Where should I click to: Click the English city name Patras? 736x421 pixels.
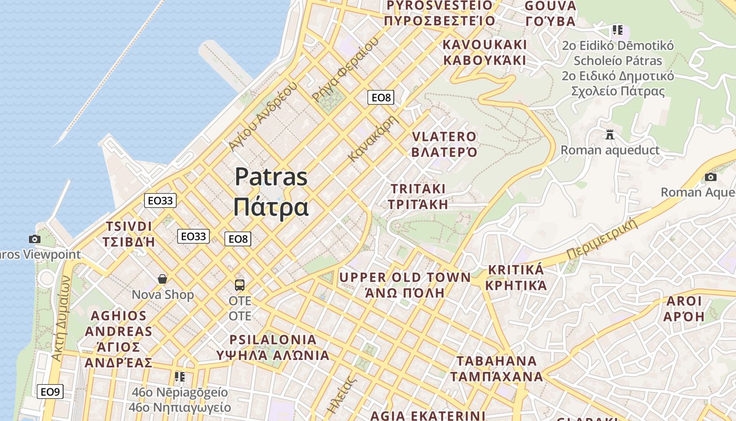tap(271, 176)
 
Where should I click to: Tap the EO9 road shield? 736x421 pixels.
tap(50, 392)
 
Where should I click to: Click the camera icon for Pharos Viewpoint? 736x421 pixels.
tap(35, 239)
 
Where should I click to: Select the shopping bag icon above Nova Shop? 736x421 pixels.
tap(162, 278)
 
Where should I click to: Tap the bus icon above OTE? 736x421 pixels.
tap(240, 285)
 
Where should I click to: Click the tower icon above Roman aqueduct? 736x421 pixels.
tap(610, 135)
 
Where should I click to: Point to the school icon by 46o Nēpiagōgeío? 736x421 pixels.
tap(180, 377)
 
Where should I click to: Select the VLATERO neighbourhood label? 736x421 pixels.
tap(444, 137)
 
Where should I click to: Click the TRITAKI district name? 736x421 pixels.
tap(418, 189)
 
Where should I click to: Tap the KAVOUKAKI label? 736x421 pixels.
tap(484, 44)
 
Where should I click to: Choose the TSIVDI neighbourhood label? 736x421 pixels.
tap(129, 227)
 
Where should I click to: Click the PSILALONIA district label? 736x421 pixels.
tap(273, 339)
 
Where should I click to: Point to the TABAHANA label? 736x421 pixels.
tap(496, 362)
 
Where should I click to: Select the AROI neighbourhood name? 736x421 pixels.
tap(683, 302)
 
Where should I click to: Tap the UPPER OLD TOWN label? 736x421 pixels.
tap(405, 277)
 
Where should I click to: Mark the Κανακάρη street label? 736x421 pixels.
tap(374, 138)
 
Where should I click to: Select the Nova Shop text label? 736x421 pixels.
tap(162, 295)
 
